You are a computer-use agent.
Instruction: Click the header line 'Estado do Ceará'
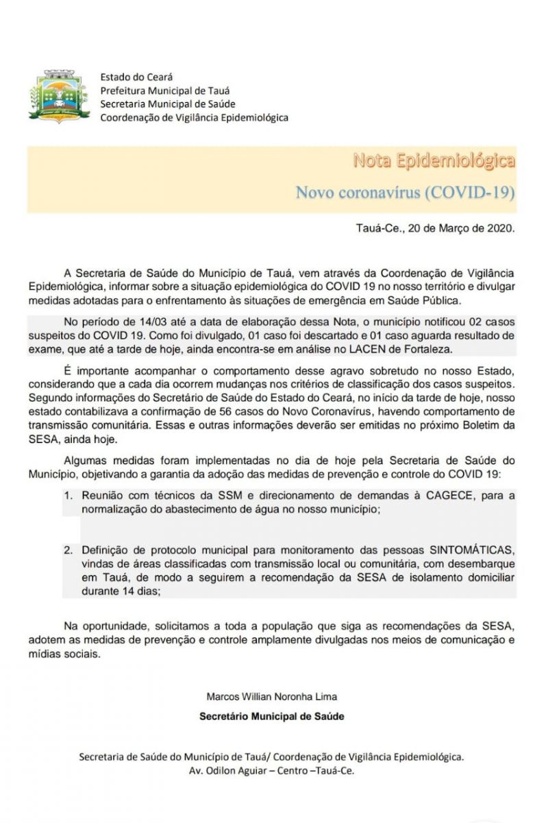point(136,77)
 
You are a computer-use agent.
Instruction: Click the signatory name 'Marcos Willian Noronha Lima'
point(272,696)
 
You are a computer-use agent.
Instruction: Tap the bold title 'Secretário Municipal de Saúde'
point(272,716)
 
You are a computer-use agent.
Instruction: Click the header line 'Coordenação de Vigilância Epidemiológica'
point(194,117)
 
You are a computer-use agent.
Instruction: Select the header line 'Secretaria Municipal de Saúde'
point(168,104)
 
